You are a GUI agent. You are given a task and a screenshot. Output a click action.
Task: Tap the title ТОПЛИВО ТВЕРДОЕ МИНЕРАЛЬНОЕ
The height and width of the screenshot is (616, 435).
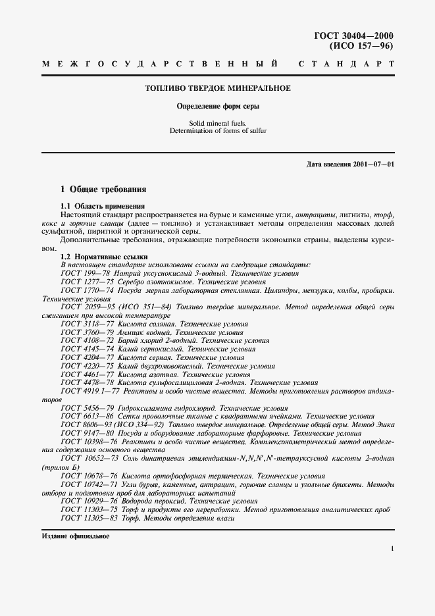[217, 88]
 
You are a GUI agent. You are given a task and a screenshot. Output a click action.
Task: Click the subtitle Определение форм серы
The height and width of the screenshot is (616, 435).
[217, 106]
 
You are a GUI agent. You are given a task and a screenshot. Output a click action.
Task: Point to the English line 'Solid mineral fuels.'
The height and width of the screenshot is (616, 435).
[217, 122]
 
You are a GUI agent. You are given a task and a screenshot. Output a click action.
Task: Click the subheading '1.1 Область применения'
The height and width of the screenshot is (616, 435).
[102, 206]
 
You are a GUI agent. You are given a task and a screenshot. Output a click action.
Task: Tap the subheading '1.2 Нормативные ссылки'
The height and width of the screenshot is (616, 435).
[104, 256]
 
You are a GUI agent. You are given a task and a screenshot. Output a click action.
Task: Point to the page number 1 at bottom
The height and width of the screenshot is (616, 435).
[392, 548]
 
